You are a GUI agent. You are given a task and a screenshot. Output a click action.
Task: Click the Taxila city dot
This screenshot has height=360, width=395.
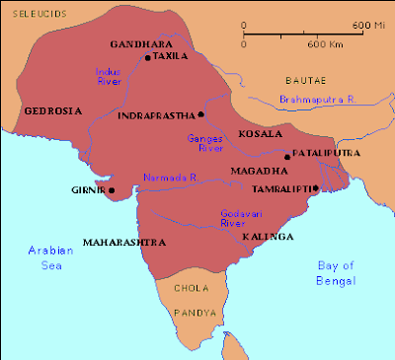coord(147,58)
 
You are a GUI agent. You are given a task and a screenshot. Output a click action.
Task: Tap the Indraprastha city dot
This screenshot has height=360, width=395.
coord(200,115)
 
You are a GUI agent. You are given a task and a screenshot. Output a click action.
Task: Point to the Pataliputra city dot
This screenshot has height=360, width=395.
coord(287,157)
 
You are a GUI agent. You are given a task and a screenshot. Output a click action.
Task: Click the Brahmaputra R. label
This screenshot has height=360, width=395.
coord(317,100)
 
